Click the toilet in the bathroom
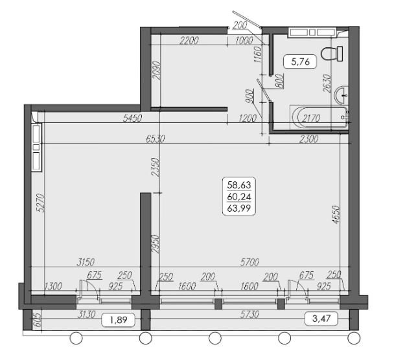tap(332, 54)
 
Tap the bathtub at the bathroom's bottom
tap(319, 117)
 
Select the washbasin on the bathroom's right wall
tap(342, 95)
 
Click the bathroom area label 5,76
tap(300, 62)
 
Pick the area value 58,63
tap(239, 185)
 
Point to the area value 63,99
tap(239, 208)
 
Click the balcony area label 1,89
tap(119, 320)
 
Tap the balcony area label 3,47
tap(321, 319)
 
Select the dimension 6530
tap(155, 139)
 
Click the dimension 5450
tap(132, 118)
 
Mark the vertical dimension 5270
tap(40, 203)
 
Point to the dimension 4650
tap(335, 215)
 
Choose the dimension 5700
tap(249, 262)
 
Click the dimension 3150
tap(86, 262)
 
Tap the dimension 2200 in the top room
tap(189, 40)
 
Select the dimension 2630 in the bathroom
tap(327, 84)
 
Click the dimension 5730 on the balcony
tap(249, 314)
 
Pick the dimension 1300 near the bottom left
tap(53, 286)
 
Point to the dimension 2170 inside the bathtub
tap(311, 118)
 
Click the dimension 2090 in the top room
tap(157, 71)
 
